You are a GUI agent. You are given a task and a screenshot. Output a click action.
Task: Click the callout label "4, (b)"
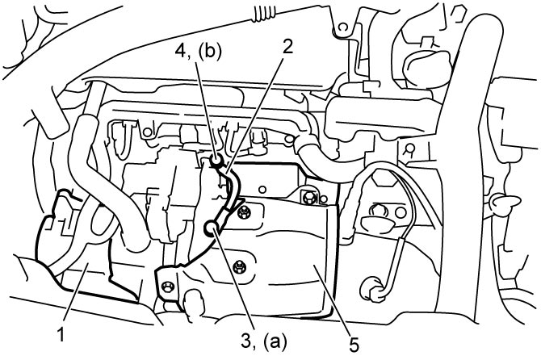pos(198,52)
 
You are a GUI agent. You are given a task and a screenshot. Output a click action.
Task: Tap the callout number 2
pos(287,47)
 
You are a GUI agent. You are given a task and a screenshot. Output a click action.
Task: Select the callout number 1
pos(61,334)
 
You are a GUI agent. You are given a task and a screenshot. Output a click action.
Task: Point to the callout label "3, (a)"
pos(264,341)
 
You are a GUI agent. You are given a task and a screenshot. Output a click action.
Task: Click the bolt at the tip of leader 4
pos(216,160)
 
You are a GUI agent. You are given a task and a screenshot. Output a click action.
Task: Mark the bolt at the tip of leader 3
pos(211,228)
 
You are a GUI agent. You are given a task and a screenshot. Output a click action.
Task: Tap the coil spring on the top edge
pos(264,15)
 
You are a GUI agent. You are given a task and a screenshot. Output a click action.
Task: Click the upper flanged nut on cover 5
pos(245,211)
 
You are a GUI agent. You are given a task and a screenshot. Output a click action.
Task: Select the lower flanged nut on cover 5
pos(238,266)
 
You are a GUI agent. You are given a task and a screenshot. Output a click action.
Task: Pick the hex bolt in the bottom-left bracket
pos(168,286)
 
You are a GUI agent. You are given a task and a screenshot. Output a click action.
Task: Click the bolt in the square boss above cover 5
pos(308,197)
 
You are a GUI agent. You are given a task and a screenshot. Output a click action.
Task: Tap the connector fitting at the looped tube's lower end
pos(372,288)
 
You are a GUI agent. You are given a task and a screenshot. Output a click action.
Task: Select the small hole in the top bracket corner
pos(342,27)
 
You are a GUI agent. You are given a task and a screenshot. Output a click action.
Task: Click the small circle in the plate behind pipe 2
pos(262,189)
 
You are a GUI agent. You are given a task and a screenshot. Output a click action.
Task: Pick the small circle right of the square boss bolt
pos(324,199)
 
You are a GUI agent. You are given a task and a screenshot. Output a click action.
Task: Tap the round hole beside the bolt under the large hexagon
pos(400,212)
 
